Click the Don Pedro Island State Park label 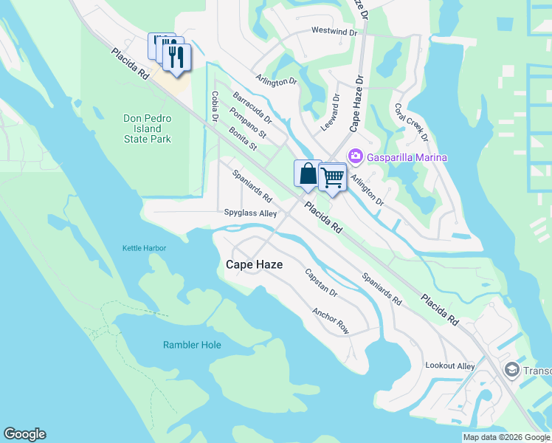[147, 128]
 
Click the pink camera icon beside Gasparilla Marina [356, 156]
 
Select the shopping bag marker [308, 175]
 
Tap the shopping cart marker [333, 177]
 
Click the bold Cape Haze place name [254, 264]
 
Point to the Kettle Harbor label [144, 249]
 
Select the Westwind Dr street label [334, 32]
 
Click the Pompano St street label [247, 123]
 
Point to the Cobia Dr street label [215, 106]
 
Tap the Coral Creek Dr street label [410, 121]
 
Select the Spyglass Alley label [250, 213]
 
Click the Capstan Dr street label [321, 283]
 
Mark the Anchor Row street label [330, 321]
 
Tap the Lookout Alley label [450, 365]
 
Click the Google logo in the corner [24, 434]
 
